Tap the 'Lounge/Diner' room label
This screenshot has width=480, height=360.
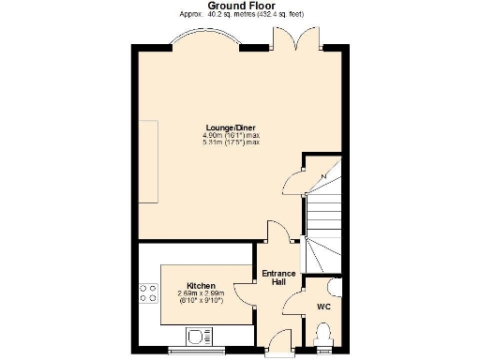coord(231,127)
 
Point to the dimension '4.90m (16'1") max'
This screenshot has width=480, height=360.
coord(231,135)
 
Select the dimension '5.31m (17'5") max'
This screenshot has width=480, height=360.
coord(231,142)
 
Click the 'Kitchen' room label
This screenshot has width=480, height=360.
coord(202,285)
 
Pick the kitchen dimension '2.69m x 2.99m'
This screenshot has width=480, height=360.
coord(202,292)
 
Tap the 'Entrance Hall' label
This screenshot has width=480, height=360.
coord(278,277)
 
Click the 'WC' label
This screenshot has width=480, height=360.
coord(323,307)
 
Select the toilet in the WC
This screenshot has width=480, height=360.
coord(324,334)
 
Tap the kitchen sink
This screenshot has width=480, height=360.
coord(200,335)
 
